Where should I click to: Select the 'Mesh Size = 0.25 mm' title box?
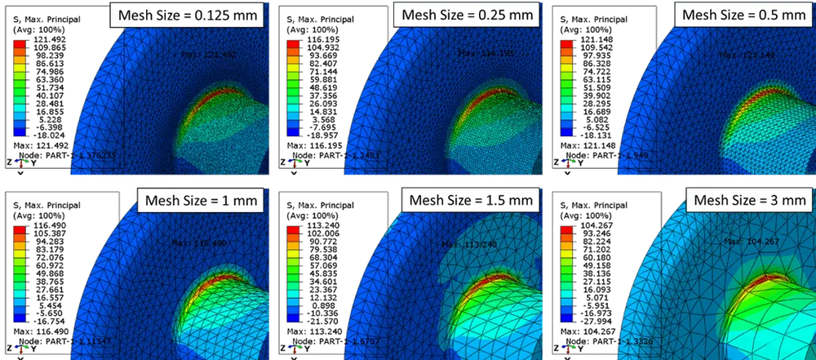click(x=465, y=14)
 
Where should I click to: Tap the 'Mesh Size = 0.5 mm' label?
click(x=740, y=14)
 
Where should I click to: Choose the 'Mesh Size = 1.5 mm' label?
click(x=471, y=200)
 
